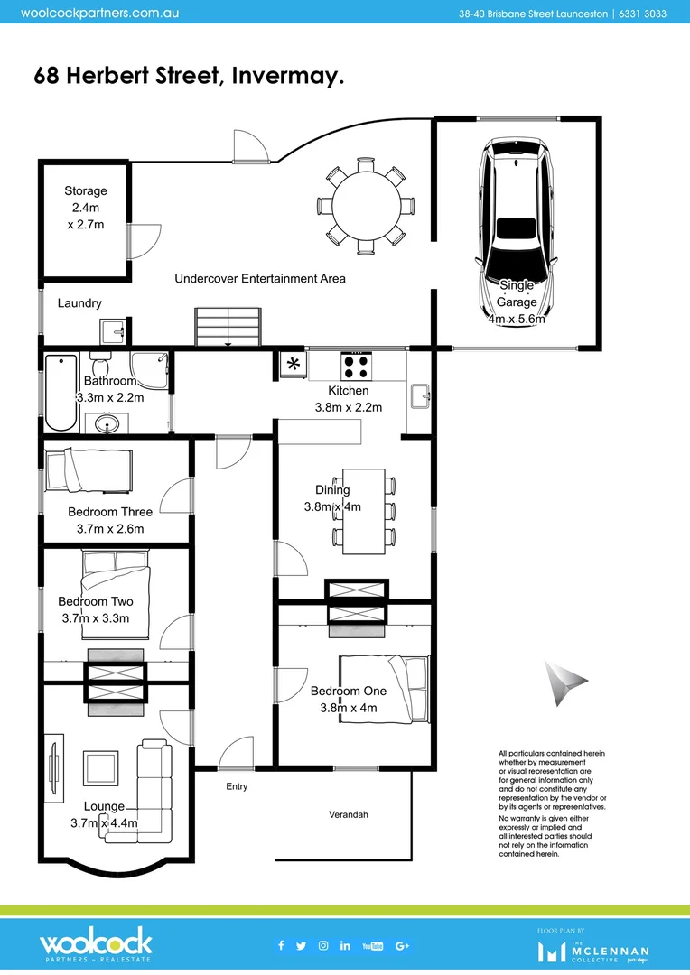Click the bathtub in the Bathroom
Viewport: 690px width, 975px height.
tap(61, 393)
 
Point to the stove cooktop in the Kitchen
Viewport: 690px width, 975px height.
tap(355, 367)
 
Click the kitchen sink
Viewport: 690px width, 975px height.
tap(420, 395)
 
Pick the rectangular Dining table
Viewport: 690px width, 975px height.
tap(364, 510)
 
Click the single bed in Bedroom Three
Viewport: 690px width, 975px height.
tap(89, 469)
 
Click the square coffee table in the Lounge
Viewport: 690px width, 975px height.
tap(99, 768)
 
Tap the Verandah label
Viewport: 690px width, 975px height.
tap(348, 814)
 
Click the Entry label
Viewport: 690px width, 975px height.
tap(237, 786)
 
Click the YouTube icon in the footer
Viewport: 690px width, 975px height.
tap(372, 945)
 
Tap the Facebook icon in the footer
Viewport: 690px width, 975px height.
tap(281, 945)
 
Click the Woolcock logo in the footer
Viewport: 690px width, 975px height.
tap(96, 945)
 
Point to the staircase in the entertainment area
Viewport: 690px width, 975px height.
tap(228, 324)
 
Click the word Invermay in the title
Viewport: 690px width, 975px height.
tap(287, 76)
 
